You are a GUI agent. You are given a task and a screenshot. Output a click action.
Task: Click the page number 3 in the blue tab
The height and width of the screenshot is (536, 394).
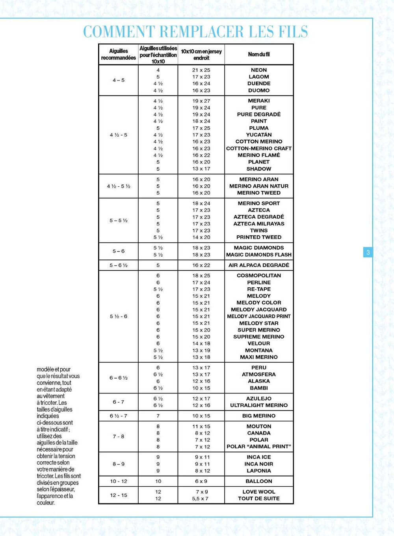click(x=368, y=252)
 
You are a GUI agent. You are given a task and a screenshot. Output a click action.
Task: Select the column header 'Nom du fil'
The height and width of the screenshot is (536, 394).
click(x=259, y=54)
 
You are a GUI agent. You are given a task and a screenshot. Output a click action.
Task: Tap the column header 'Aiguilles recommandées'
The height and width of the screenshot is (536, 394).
click(x=118, y=54)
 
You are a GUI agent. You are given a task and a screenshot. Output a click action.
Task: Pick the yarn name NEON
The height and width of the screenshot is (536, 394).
click(x=259, y=70)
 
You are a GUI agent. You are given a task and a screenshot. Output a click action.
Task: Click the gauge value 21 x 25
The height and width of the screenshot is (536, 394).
click(x=201, y=70)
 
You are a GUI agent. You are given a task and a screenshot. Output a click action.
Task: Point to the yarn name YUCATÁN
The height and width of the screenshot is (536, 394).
click(x=259, y=135)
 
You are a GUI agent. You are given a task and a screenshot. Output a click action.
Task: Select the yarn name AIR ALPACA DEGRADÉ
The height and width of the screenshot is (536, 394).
click(x=259, y=265)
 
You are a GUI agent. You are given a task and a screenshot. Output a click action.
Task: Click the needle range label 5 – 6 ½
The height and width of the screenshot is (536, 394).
click(x=118, y=265)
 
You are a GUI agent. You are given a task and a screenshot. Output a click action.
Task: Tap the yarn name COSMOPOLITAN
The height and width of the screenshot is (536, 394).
click(x=259, y=275)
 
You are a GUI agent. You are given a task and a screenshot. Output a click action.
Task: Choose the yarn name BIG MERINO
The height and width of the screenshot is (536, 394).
click(x=259, y=416)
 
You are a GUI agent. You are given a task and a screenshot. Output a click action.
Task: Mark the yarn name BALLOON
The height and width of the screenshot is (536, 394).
click(x=259, y=481)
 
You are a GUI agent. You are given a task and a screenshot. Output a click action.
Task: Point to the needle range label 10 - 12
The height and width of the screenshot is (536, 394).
click(x=119, y=481)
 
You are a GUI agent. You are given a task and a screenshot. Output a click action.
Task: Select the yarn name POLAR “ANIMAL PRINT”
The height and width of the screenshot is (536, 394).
click(x=259, y=446)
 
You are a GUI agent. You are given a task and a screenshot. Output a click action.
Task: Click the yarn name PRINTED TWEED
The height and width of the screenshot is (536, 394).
click(x=259, y=237)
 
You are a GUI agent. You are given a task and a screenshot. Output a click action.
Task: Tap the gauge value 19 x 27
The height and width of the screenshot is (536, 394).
click(x=201, y=101)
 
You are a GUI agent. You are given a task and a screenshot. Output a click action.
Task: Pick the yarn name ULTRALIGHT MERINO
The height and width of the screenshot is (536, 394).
click(x=259, y=405)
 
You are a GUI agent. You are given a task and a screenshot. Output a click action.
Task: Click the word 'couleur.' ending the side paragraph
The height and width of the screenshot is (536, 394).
click(x=46, y=503)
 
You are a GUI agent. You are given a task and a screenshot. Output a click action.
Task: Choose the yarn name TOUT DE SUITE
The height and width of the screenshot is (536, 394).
click(x=259, y=499)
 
